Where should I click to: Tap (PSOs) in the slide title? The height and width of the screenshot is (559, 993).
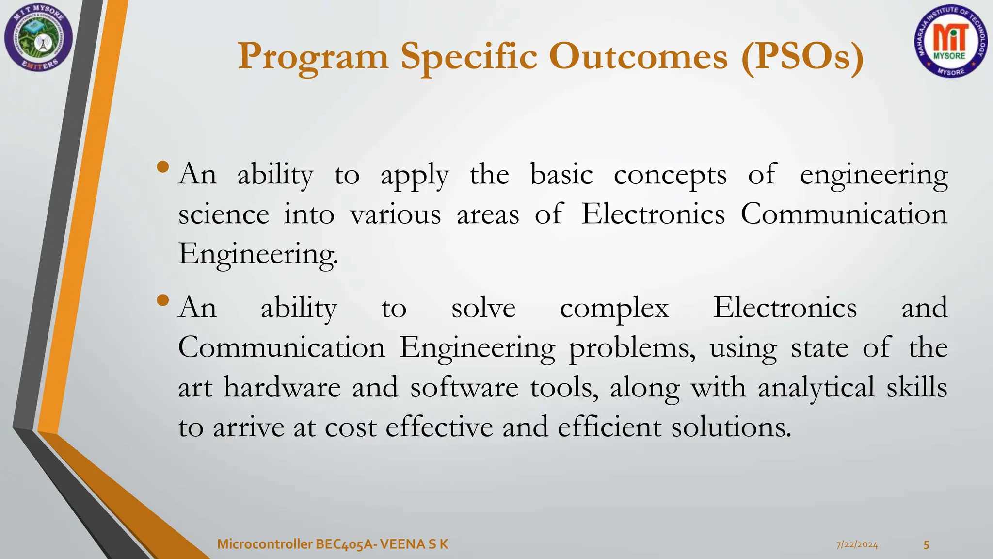coord(802,57)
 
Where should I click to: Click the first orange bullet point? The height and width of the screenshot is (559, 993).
coord(163,168)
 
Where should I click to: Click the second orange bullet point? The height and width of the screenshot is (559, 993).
coord(163,300)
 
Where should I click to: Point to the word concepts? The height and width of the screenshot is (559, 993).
coord(670,175)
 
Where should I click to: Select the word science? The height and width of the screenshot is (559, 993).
coord(224,214)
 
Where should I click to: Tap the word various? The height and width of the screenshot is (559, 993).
coord(395,214)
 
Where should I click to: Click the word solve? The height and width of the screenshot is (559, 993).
coord(483,308)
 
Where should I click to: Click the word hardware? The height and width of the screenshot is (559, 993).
coord(282,388)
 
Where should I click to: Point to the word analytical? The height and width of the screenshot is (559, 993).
coord(816,388)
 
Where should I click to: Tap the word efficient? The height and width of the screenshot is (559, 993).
coord(609,427)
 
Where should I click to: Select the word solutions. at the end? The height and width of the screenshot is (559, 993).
coord(731,427)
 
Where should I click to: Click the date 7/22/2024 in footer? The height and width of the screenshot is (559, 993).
coord(857,545)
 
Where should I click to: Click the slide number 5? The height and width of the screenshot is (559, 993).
coord(926,545)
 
